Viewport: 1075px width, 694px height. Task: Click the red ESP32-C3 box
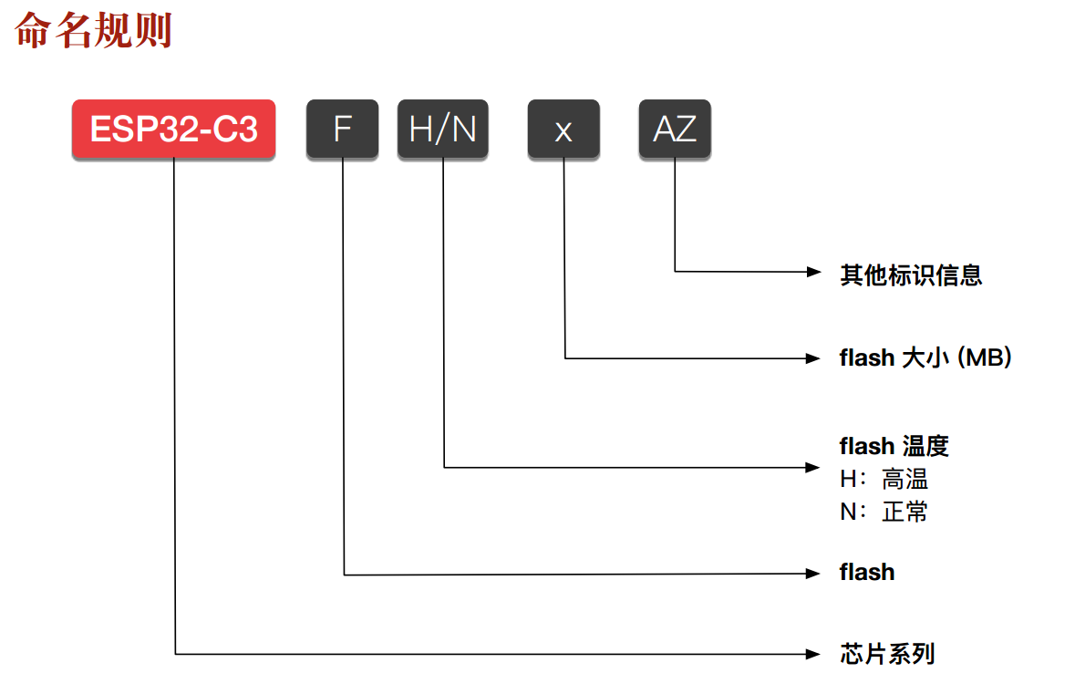[x=173, y=129]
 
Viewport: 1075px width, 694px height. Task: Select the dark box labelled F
[x=342, y=129]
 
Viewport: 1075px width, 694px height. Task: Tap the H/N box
[x=443, y=129]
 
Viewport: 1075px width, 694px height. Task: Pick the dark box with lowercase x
[x=563, y=129]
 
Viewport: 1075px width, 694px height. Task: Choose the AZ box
[x=675, y=129]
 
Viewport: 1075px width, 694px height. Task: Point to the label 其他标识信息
[x=911, y=274]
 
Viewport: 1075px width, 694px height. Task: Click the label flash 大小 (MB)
[x=925, y=357]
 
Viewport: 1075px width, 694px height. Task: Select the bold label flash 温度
[x=894, y=446]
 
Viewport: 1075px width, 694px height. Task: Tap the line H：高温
[x=884, y=479]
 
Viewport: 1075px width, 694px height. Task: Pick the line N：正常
[x=884, y=512]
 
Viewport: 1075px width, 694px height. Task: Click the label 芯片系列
[x=887, y=654]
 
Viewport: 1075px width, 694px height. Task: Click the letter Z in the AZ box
[x=686, y=129]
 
